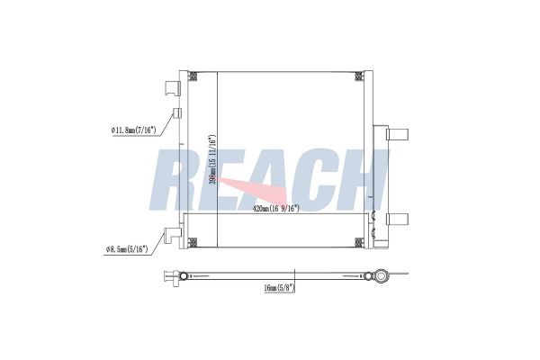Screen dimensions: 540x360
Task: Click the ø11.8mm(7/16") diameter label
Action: point(134,130)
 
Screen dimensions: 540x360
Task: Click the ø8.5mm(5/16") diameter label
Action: point(127,248)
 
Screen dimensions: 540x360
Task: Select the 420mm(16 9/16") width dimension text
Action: point(276,209)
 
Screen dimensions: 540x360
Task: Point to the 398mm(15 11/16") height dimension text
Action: point(212,159)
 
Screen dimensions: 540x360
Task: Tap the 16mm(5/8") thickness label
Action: point(280,288)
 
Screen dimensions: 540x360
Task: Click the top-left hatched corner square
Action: point(193,76)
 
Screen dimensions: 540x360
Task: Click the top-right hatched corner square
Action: point(359,76)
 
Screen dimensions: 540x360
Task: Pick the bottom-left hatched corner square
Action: point(193,242)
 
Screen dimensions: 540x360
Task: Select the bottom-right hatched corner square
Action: point(359,242)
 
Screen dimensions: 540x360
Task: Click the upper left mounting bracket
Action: point(173,88)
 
